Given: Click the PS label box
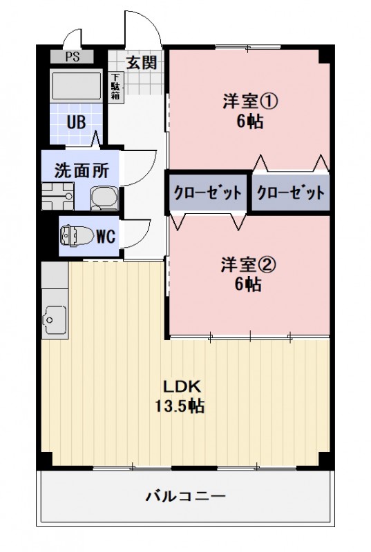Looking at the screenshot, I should click(x=73, y=58).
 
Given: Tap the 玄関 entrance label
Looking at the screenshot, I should click(x=141, y=62).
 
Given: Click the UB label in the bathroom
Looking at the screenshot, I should click(x=76, y=124).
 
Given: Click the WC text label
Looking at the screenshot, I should click(x=105, y=237).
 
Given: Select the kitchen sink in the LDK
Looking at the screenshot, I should click(x=53, y=319).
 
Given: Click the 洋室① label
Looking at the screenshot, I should click(x=249, y=101).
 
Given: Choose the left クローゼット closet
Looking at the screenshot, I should click(x=207, y=192).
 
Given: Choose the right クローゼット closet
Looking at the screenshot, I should click(x=290, y=192).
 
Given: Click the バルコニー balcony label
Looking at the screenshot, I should click(x=185, y=496).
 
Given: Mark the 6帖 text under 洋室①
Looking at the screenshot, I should click(x=249, y=122).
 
